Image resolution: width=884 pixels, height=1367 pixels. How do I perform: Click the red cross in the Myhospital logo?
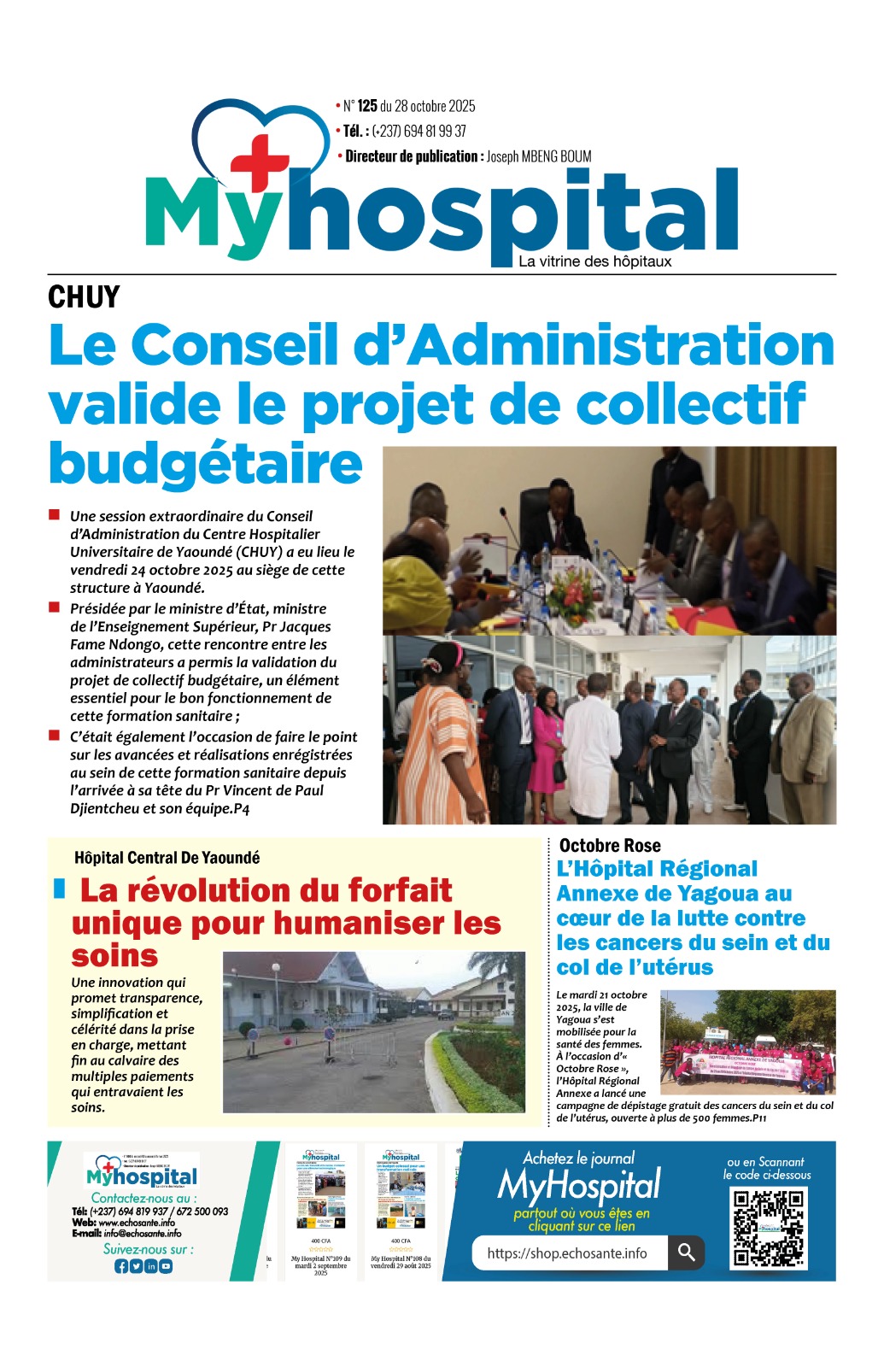tap(259, 162)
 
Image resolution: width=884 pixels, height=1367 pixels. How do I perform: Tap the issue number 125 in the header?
tap(367, 106)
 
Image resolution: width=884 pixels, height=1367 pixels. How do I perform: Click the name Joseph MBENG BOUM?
tap(539, 156)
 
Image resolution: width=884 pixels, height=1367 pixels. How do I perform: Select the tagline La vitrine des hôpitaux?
tap(594, 261)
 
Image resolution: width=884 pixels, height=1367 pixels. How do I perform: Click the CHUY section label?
tap(84, 297)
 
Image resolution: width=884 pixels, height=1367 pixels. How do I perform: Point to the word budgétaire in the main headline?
tap(206, 463)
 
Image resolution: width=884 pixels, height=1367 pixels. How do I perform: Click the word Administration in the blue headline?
tap(626, 345)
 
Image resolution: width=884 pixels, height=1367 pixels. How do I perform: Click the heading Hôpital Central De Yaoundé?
tap(167, 858)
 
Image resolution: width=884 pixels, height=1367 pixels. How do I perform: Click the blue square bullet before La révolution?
tap(59, 889)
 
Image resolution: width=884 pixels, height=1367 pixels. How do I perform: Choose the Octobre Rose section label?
tap(610, 846)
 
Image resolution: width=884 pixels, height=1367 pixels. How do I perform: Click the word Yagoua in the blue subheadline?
tap(711, 894)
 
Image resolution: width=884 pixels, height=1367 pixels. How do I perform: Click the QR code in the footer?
tap(769, 1227)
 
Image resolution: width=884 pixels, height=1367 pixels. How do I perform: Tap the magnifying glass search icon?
tap(686, 1253)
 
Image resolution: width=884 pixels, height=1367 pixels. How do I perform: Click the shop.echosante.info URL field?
tap(568, 1253)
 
